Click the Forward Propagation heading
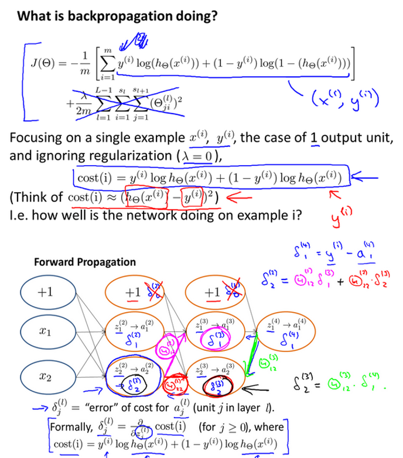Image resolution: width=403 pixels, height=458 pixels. coord(84,262)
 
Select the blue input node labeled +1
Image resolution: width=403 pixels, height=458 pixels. coord(45,293)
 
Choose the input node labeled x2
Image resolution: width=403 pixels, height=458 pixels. coord(45,376)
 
